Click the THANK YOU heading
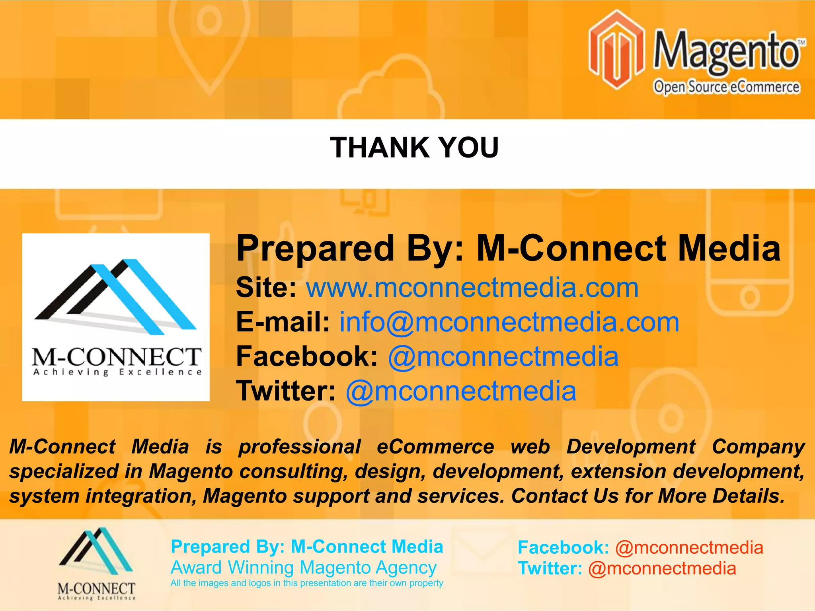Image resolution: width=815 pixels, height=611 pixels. [414, 148]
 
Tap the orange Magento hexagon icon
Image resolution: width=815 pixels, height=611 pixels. [616, 49]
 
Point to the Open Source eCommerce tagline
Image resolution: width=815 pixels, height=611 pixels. [726, 87]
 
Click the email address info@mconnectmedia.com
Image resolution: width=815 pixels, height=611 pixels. [509, 322]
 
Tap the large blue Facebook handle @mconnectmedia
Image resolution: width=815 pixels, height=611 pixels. [503, 356]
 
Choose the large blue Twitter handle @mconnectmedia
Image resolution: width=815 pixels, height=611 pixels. [461, 391]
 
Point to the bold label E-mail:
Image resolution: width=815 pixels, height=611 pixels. [283, 322]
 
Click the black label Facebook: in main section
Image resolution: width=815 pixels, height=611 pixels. [307, 356]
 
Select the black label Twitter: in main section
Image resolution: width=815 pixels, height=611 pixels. [286, 391]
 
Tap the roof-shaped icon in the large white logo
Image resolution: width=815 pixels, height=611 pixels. [115, 296]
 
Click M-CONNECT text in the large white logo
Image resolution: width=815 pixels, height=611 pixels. [116, 356]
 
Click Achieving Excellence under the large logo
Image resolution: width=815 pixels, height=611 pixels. [117, 373]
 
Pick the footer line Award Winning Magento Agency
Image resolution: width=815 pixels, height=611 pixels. [303, 567]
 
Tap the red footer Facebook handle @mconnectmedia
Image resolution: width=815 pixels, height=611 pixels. [689, 548]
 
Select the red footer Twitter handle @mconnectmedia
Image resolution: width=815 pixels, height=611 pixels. [662, 568]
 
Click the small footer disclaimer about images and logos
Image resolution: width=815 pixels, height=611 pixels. [306, 583]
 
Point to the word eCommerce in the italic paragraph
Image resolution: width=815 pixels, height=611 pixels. [435, 446]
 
